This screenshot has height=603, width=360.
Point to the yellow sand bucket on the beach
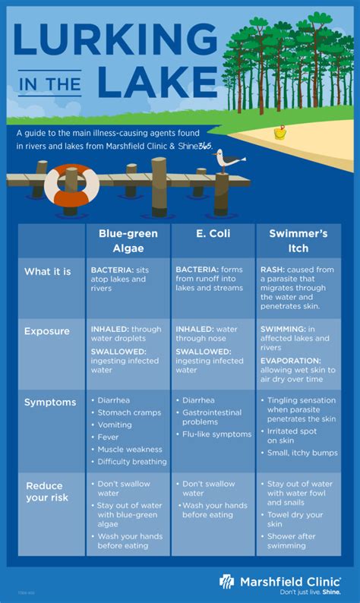[x=280, y=133]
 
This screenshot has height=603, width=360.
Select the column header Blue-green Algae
[x=128, y=241]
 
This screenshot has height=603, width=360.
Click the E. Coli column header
[x=213, y=233]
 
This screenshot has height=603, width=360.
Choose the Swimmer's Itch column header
[x=298, y=241]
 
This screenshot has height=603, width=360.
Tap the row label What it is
[x=48, y=272]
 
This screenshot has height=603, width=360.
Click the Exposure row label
[x=47, y=331]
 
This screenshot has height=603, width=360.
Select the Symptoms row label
[x=50, y=403]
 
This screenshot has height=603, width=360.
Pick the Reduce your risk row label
[x=47, y=491]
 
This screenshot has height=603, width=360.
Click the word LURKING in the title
[x=115, y=39]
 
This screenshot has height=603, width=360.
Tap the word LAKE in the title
[x=158, y=82]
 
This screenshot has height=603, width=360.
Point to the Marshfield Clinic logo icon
[x=226, y=582]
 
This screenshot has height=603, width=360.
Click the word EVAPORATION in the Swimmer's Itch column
[x=290, y=361]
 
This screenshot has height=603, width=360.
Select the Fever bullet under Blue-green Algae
[x=108, y=437]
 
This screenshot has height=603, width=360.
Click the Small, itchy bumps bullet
[x=302, y=453]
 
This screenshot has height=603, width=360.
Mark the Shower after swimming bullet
[x=291, y=541]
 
